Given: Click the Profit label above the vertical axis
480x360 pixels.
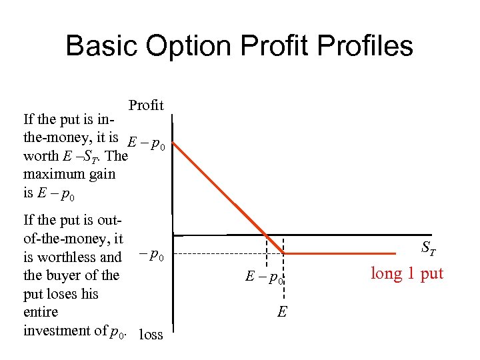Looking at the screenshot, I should click(146, 105).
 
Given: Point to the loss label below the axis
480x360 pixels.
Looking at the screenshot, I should click(151, 335).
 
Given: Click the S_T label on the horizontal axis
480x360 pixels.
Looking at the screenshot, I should click(429, 250).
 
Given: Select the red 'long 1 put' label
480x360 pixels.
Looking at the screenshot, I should click(407, 273).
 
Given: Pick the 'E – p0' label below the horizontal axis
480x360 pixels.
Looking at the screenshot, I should click(265, 277).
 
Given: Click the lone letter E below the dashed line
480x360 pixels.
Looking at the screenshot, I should click(282, 311).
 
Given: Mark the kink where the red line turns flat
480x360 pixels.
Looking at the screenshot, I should click(285, 254).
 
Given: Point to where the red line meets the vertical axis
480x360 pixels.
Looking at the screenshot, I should click(174, 139).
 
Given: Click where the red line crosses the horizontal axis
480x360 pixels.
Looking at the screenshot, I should click(267, 235).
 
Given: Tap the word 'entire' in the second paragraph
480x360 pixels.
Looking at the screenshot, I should click(41, 312).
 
